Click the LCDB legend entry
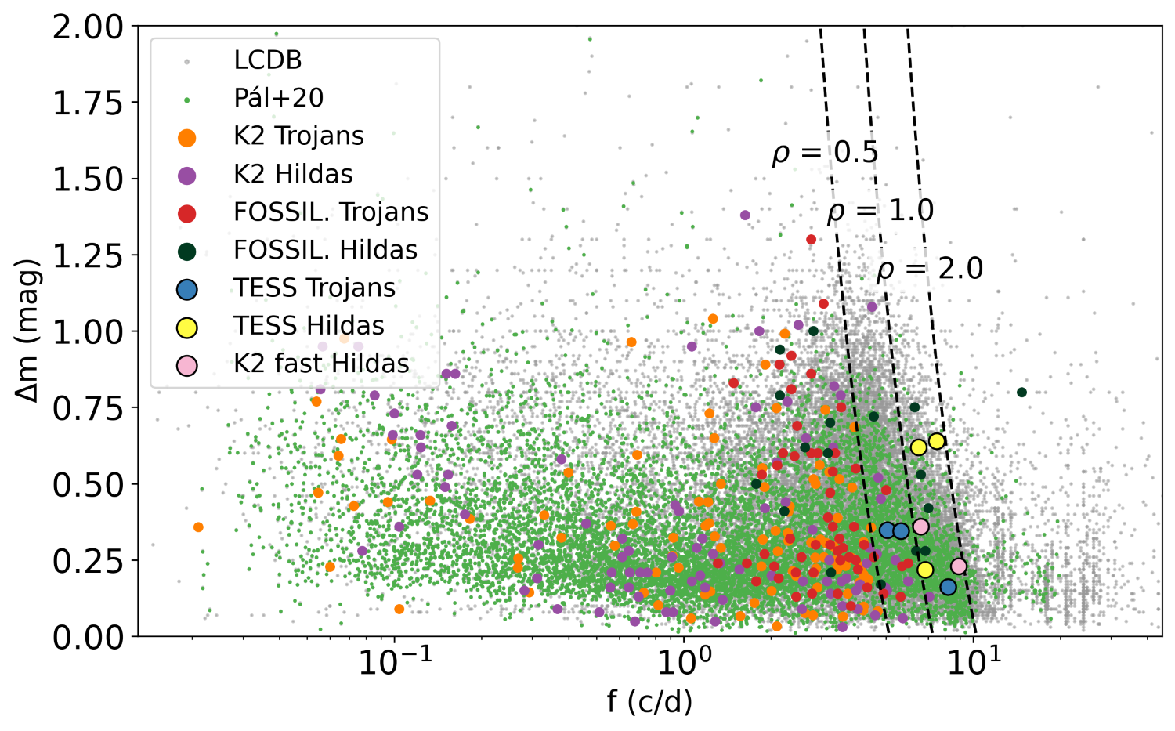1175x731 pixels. (267, 60)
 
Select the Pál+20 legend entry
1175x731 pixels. (278, 98)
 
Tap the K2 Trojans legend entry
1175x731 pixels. (298, 136)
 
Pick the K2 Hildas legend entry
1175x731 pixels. (293, 174)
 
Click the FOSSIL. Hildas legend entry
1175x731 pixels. (325, 250)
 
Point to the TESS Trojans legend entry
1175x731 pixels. (314, 288)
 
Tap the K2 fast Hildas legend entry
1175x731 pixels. (321, 364)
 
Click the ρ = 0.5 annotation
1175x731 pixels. (825, 154)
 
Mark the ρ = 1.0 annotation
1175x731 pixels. (880, 212)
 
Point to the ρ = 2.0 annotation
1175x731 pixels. (929, 270)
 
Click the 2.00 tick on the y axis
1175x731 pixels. (88, 27)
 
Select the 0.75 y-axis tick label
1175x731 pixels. (88, 408)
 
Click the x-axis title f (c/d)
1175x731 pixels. (649, 702)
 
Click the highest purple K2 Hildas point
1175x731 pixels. (745, 215)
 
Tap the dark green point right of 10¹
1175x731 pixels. (1021, 393)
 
